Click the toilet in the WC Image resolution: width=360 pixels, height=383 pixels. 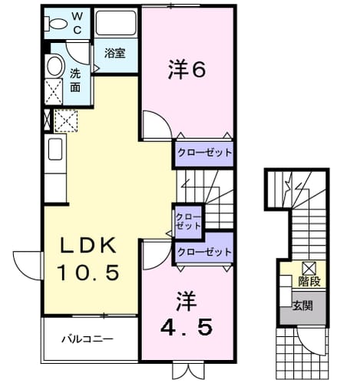coord(55,24)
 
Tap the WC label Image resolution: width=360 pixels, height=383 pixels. coord(78,23)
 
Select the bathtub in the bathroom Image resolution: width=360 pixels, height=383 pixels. coord(116,23)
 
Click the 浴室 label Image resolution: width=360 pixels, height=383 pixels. coord(115,54)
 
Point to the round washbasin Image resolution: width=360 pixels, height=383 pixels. coord(54,66)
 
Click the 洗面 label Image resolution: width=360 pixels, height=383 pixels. coord(75,81)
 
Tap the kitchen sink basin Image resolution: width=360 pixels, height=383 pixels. coord(55,149)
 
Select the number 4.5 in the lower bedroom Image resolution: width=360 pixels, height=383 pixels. coord(187,328)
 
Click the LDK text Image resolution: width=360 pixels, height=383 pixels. coord(88,246)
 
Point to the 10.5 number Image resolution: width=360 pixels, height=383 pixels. coord(88,272)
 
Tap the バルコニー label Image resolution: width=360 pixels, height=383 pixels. coord(88,339)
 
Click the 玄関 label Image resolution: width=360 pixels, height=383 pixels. coord(302,305)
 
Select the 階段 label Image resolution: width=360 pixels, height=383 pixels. coord(309,282)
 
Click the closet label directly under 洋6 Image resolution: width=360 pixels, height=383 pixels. coord(204,153)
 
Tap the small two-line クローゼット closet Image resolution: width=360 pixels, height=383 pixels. coord(188,221)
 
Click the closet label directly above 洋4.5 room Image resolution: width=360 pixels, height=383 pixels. coord(204,252)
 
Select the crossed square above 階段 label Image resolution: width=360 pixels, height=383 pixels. coord(309,269)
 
